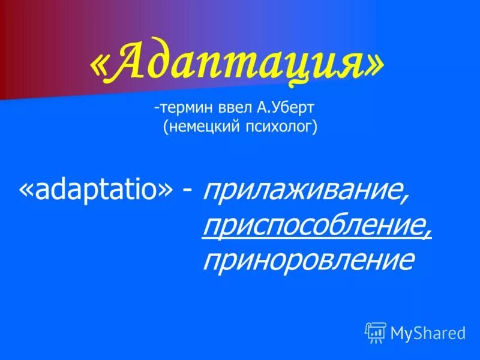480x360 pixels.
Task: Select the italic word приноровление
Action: pyautogui.click(x=308, y=260)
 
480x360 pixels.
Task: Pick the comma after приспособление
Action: pyautogui.click(x=428, y=234)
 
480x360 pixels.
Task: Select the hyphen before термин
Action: pyautogui.click(x=156, y=109)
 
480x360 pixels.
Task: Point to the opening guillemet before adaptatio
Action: pyautogui.click(x=26, y=191)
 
